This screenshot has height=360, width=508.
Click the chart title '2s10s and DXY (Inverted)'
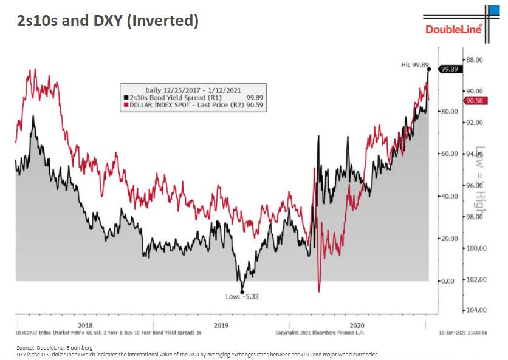[108, 21]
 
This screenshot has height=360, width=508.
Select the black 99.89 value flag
[449, 69]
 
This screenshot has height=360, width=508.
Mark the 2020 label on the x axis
[359, 324]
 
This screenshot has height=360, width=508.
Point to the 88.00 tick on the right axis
[475, 59]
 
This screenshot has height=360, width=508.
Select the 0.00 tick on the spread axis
[448, 281]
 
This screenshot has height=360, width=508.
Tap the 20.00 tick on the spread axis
[449, 239]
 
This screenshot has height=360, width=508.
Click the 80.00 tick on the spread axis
[449, 112]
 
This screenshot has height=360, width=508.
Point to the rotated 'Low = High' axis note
[481, 182]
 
